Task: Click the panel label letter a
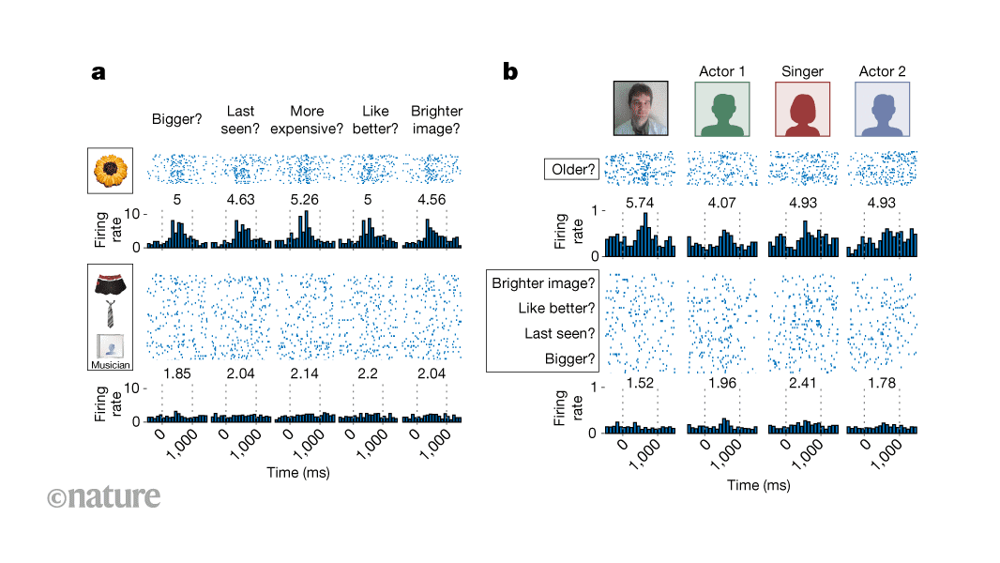(x=98, y=72)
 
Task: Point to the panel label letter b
(x=510, y=71)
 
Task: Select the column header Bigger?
(x=177, y=120)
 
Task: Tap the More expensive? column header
(x=307, y=120)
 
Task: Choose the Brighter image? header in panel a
(x=436, y=120)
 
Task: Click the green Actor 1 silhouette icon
(x=721, y=109)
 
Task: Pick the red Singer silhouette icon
(x=802, y=109)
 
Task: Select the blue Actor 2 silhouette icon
(x=882, y=109)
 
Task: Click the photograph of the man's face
(x=641, y=109)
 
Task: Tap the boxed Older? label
(x=570, y=171)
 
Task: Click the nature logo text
(x=103, y=496)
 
